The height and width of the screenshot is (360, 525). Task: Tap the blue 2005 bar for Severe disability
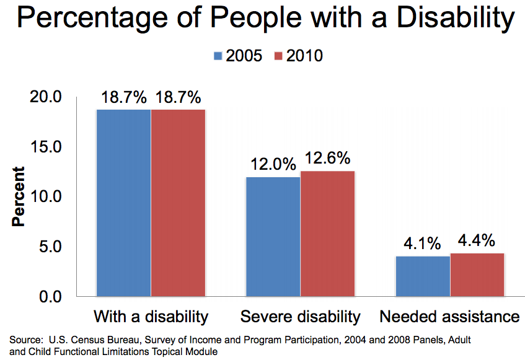click(273, 236)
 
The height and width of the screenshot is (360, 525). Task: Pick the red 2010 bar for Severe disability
click(327, 233)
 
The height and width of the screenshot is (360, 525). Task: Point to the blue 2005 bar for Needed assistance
click(423, 276)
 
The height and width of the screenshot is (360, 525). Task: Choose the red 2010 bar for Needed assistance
click(477, 274)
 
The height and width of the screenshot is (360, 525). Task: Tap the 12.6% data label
click(327, 159)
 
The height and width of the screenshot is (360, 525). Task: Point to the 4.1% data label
click(423, 244)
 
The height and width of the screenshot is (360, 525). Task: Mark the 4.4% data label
click(477, 241)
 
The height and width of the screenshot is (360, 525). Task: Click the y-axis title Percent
click(19, 197)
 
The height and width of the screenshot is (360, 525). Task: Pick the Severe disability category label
click(300, 317)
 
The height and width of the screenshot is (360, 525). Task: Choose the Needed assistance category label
click(449, 317)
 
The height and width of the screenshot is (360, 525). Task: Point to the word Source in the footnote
click(24, 340)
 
